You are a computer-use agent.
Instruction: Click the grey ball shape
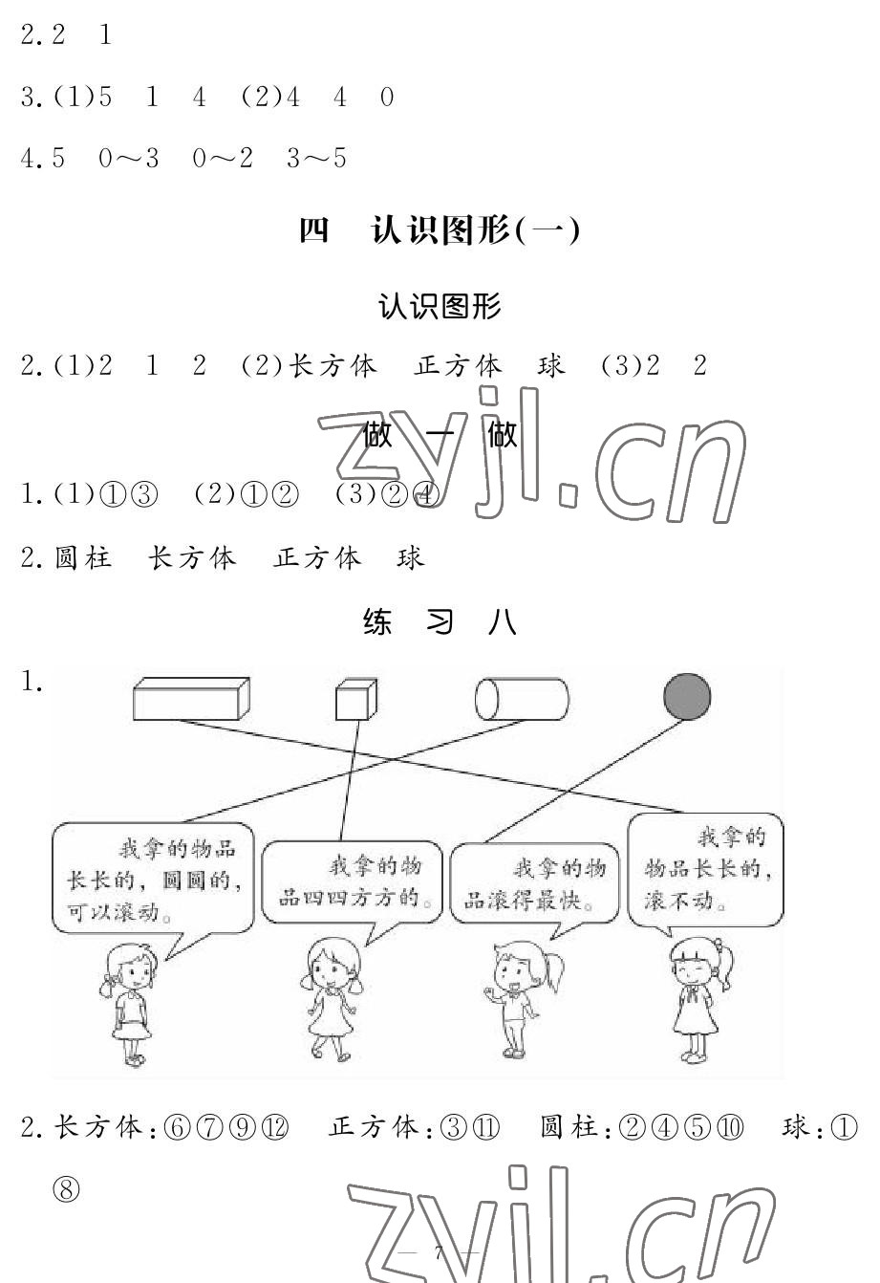click(x=687, y=697)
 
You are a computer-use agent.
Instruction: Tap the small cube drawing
click(x=352, y=700)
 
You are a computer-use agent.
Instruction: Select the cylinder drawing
click(x=522, y=699)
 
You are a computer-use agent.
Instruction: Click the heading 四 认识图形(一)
click(x=440, y=231)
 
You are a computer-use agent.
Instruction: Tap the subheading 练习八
click(x=440, y=623)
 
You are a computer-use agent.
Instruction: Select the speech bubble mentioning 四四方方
click(x=351, y=881)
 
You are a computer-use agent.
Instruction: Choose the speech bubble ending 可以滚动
click(x=153, y=878)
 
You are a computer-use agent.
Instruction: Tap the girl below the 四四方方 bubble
click(x=327, y=999)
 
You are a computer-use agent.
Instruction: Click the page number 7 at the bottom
click(x=440, y=1254)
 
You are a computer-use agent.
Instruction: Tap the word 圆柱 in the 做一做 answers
click(x=84, y=557)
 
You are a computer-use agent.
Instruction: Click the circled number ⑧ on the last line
click(x=68, y=1190)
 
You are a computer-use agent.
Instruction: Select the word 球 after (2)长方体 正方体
click(x=551, y=366)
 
